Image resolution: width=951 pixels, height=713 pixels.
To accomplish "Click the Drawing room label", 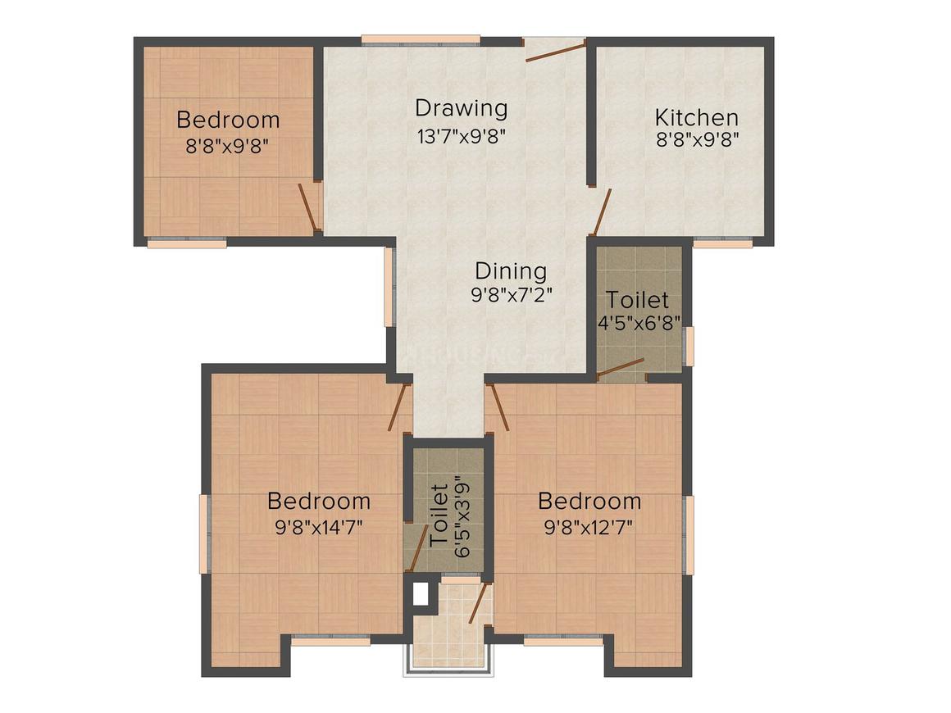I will click(x=461, y=107).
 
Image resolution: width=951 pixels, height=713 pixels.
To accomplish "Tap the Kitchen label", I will click(x=696, y=117).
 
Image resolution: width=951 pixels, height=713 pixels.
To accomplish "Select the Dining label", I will click(x=511, y=270).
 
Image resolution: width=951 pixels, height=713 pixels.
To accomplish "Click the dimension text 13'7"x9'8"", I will click(x=461, y=134).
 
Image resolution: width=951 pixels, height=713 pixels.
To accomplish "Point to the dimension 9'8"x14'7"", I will click(x=318, y=526).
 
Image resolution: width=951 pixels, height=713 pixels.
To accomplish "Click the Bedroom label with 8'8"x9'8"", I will click(x=228, y=120).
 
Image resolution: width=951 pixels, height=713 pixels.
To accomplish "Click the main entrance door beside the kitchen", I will click(x=555, y=52).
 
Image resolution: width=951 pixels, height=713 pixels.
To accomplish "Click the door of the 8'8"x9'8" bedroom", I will click(x=307, y=207).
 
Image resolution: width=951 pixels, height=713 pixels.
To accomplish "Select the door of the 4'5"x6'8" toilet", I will click(x=621, y=369).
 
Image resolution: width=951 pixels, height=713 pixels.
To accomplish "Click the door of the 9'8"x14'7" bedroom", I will click(x=399, y=406).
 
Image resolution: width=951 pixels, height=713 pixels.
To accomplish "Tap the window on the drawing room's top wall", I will click(x=421, y=39).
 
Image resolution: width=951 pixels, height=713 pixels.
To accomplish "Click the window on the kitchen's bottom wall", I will click(x=722, y=242).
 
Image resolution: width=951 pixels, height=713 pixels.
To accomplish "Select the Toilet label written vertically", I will click(x=439, y=516).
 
